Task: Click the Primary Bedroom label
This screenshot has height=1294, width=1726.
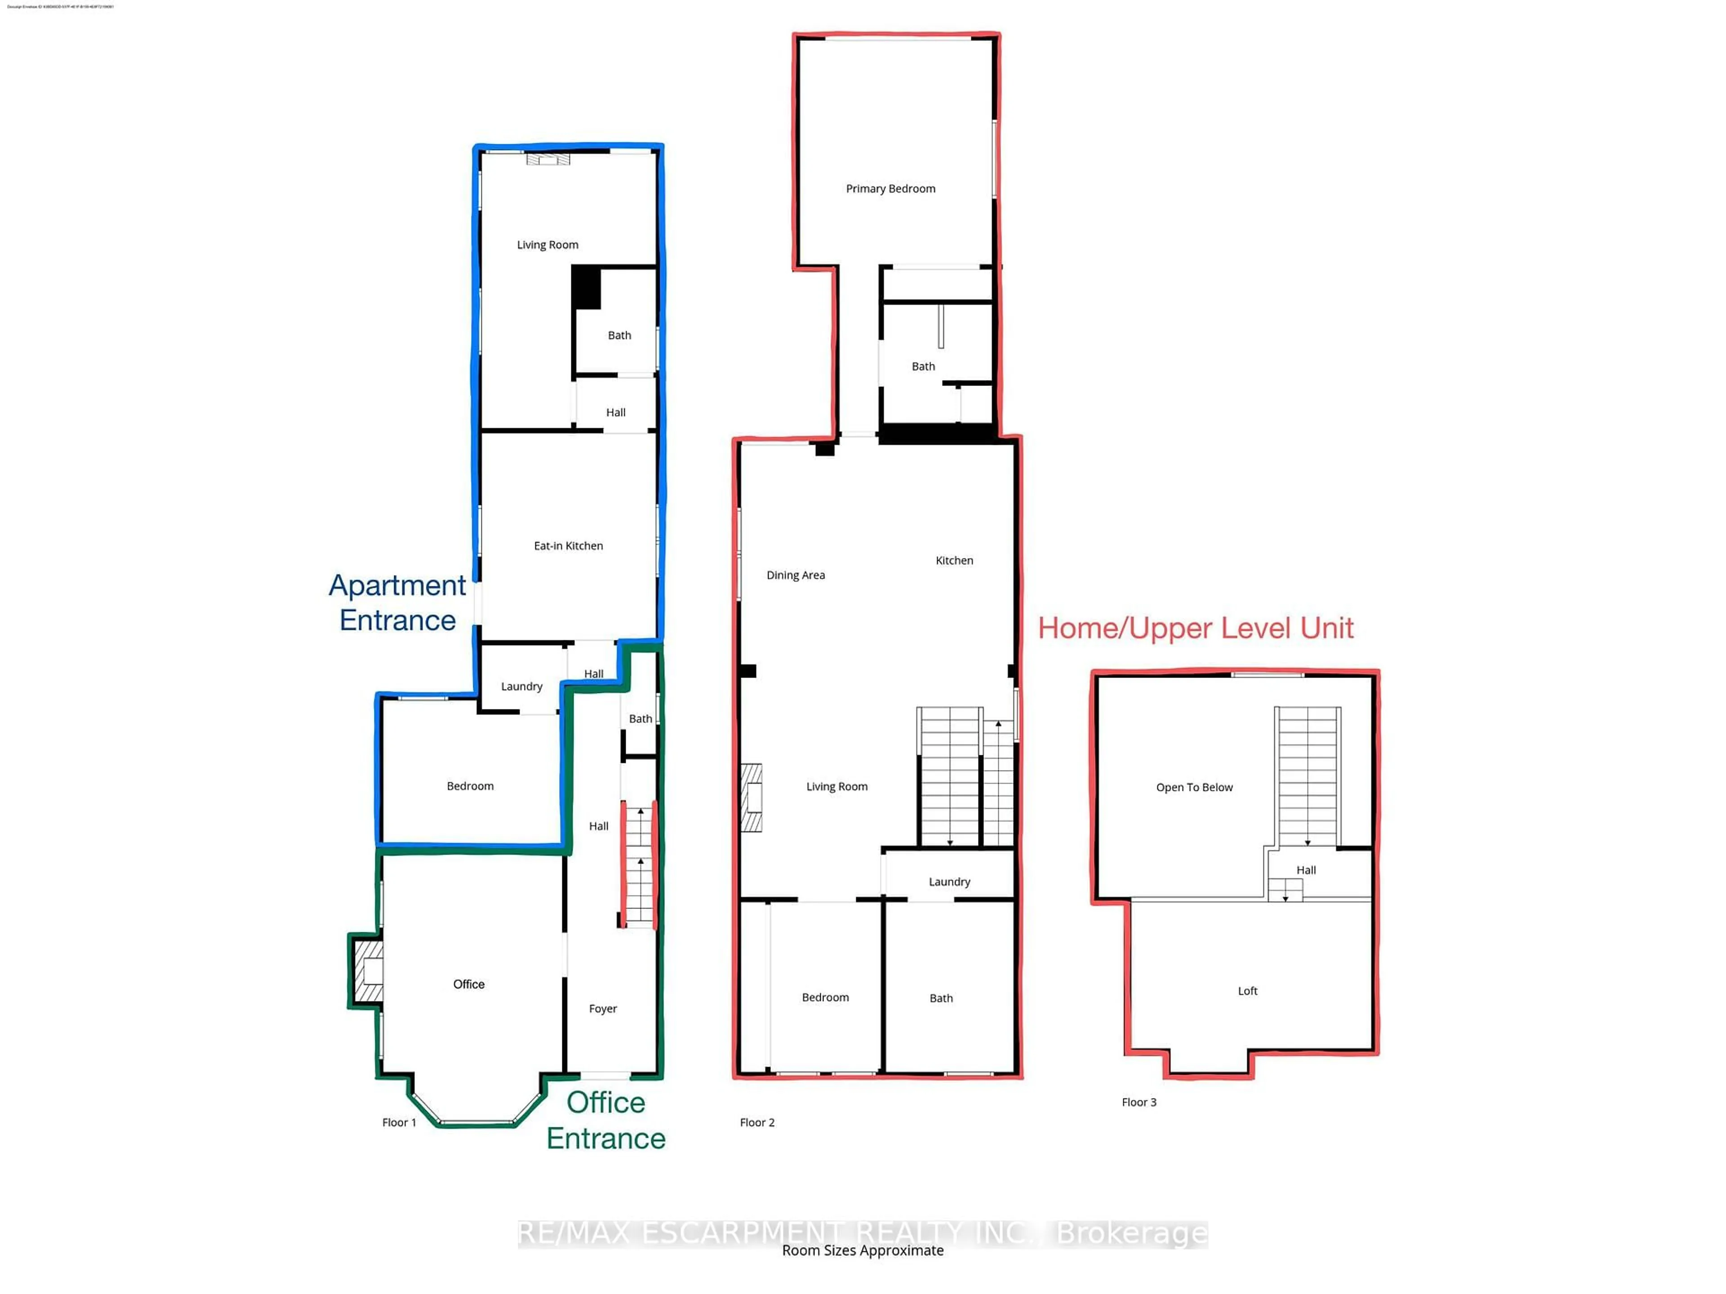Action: tap(890, 189)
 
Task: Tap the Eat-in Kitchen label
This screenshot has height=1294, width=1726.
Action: tap(568, 546)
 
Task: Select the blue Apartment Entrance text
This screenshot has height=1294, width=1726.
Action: tap(397, 602)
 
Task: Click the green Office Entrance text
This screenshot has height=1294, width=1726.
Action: tap(605, 1120)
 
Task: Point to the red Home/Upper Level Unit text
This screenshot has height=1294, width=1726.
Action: tap(1196, 629)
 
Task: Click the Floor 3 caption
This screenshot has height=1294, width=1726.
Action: tap(1139, 1102)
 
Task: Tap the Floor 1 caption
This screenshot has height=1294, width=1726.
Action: tap(399, 1122)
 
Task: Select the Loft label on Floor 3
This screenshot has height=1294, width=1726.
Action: tap(1247, 991)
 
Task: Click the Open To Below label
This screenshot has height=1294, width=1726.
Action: tap(1194, 788)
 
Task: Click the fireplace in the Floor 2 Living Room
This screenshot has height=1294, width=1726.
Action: tap(752, 798)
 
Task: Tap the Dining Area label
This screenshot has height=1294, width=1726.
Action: tap(795, 576)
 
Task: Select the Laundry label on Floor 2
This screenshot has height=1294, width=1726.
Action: tap(949, 882)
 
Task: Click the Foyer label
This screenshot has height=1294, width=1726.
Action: tap(602, 1009)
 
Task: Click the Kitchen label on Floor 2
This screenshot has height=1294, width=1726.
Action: tap(953, 561)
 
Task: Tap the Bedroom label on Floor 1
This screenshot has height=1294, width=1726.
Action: tap(470, 786)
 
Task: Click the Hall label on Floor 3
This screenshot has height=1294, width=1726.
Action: tap(1305, 870)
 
